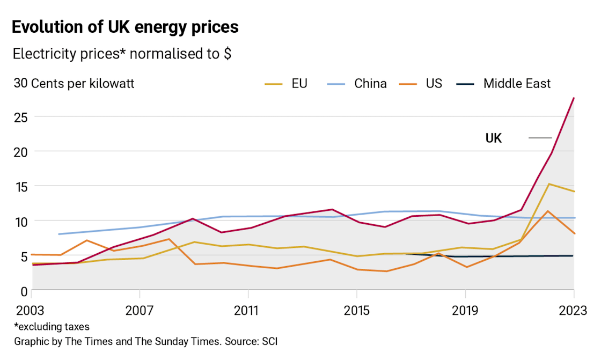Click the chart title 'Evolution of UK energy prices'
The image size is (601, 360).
pos(125,28)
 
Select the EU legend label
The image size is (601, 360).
pos(299,84)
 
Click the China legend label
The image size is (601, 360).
pos(370,84)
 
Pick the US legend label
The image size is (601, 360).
pos(434,84)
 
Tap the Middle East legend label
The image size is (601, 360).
pos(517,84)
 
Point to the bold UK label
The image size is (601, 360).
pos(494,138)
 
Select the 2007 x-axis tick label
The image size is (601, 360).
pos(140,311)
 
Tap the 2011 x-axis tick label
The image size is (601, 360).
pos(248,311)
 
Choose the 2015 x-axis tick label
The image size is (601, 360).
pos(356,311)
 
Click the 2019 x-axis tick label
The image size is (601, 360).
pos(465,311)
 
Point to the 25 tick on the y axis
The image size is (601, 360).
pos(20,117)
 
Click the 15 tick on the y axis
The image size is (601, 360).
pos(20,187)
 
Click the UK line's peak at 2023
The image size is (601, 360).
pos(574,98)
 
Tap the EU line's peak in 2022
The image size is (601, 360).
pos(549,184)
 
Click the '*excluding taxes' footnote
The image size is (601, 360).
pos(52,327)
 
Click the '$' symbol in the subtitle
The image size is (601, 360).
pos(228,54)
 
